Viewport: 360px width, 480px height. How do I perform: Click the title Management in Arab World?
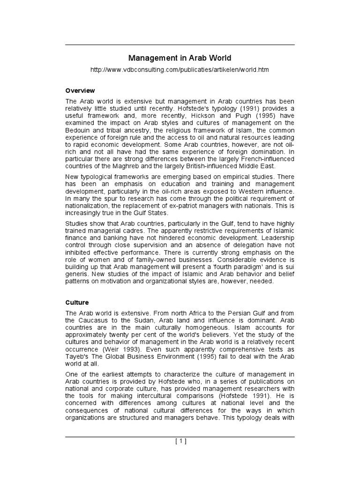pos(180,58)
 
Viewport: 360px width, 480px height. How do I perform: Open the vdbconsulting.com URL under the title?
pos(180,69)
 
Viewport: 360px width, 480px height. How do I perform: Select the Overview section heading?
pos(80,90)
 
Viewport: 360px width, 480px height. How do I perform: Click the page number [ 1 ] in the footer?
pos(180,441)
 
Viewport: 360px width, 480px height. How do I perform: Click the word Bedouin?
pos(78,130)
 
